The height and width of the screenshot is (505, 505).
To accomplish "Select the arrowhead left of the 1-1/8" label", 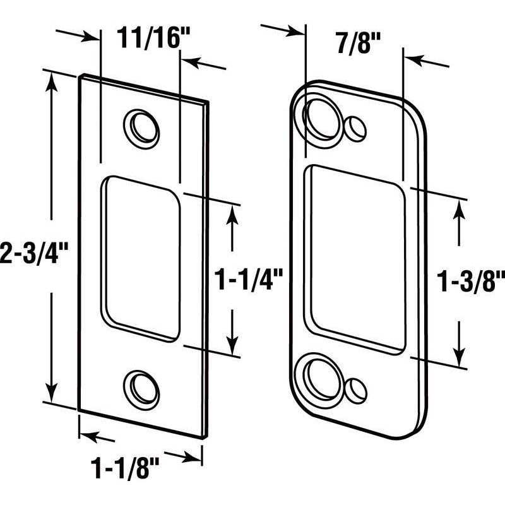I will (88, 436).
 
